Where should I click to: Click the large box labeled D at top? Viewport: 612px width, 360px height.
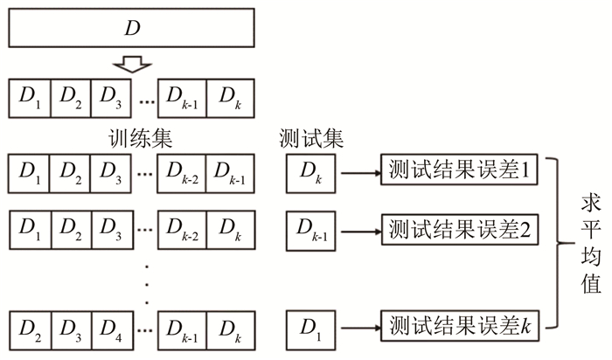point(131,27)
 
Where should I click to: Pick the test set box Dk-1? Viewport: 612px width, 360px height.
point(311,229)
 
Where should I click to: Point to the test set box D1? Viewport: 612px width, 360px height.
point(311,328)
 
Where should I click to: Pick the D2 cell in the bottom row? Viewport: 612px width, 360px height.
point(30,328)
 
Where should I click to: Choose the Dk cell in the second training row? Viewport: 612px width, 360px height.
point(229,229)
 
